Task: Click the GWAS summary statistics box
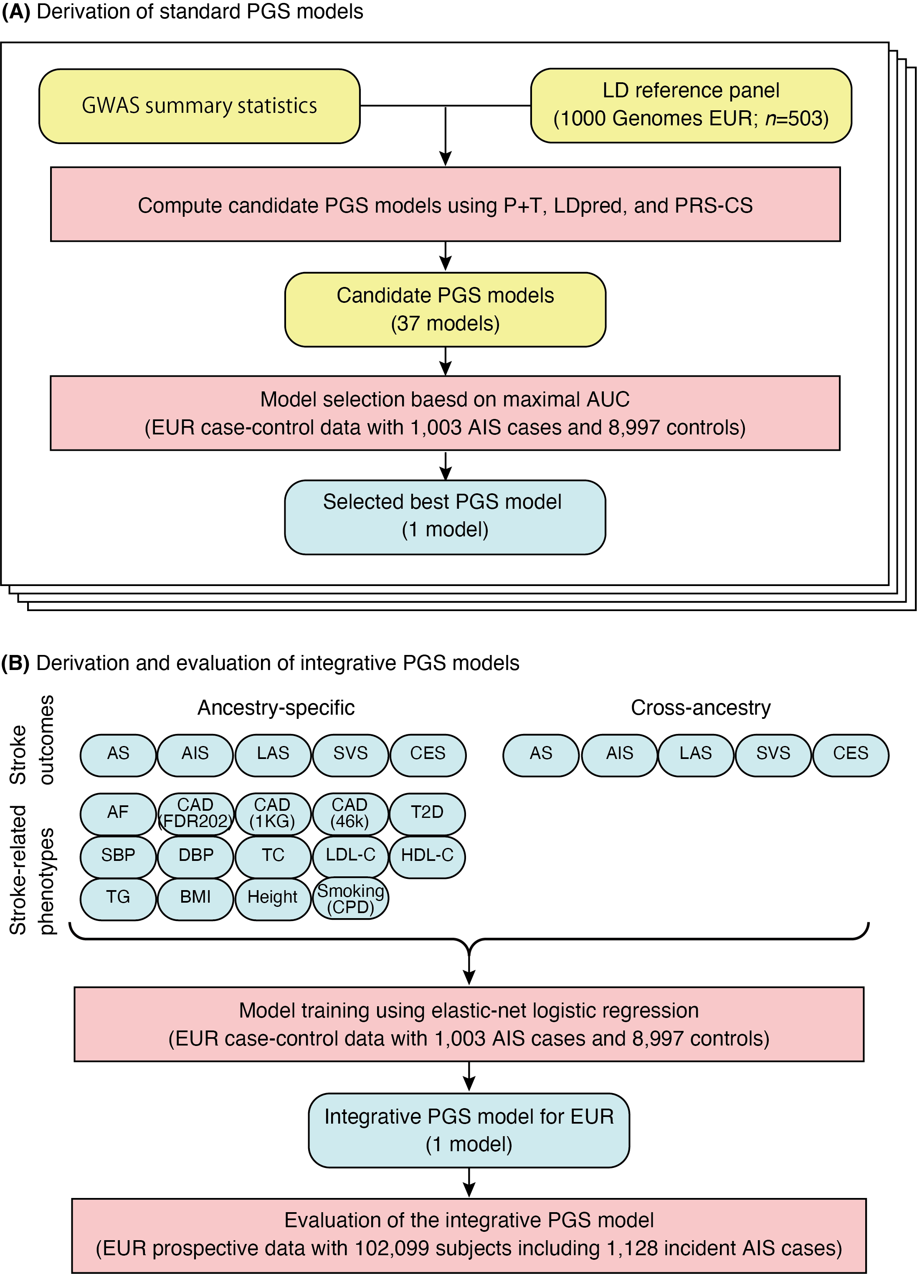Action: tap(199, 106)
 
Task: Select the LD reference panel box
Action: tap(691, 105)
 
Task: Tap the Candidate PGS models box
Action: tap(445, 310)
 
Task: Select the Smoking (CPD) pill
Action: tap(350, 899)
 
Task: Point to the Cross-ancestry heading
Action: tap(700, 708)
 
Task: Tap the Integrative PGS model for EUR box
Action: tap(469, 1130)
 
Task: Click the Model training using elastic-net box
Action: tap(469, 1024)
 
